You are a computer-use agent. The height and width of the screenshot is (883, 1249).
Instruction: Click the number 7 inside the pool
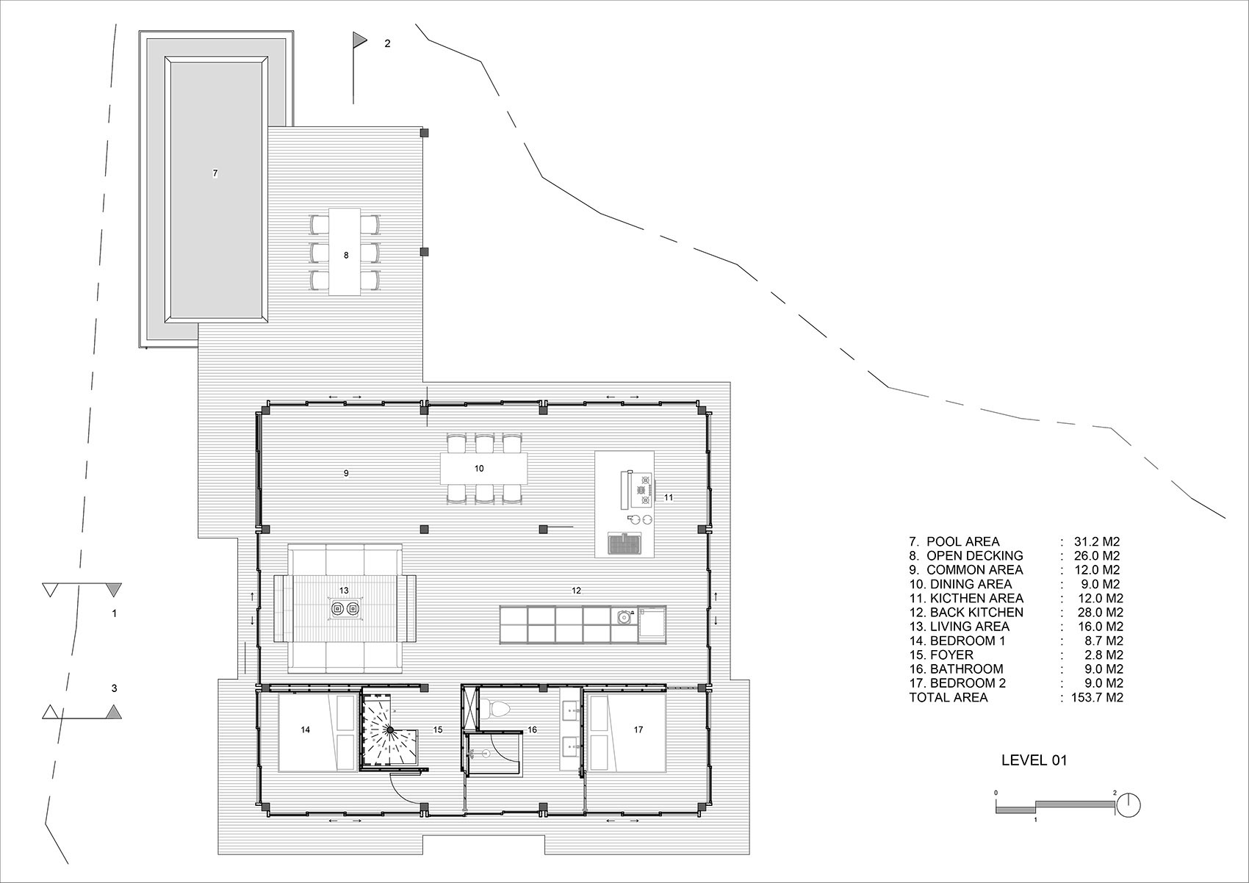tap(215, 173)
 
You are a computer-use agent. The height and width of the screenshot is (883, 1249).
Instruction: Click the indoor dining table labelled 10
tap(483, 469)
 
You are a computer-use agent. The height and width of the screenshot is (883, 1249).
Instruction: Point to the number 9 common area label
tap(346, 473)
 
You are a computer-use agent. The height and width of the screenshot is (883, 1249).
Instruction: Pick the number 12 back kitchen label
tap(577, 591)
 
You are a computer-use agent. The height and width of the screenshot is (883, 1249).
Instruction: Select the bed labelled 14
tap(317, 732)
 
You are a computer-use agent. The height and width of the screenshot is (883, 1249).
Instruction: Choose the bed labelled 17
tap(627, 732)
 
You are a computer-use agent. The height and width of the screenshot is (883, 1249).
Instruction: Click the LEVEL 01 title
tap(1034, 760)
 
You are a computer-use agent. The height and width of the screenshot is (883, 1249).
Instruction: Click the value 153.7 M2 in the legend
tap(1097, 697)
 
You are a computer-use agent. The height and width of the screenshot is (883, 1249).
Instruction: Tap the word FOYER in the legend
tap(951, 655)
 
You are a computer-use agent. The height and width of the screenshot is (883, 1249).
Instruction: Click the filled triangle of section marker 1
tap(114, 590)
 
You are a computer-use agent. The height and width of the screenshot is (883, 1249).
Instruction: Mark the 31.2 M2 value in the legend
tap(1097, 541)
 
